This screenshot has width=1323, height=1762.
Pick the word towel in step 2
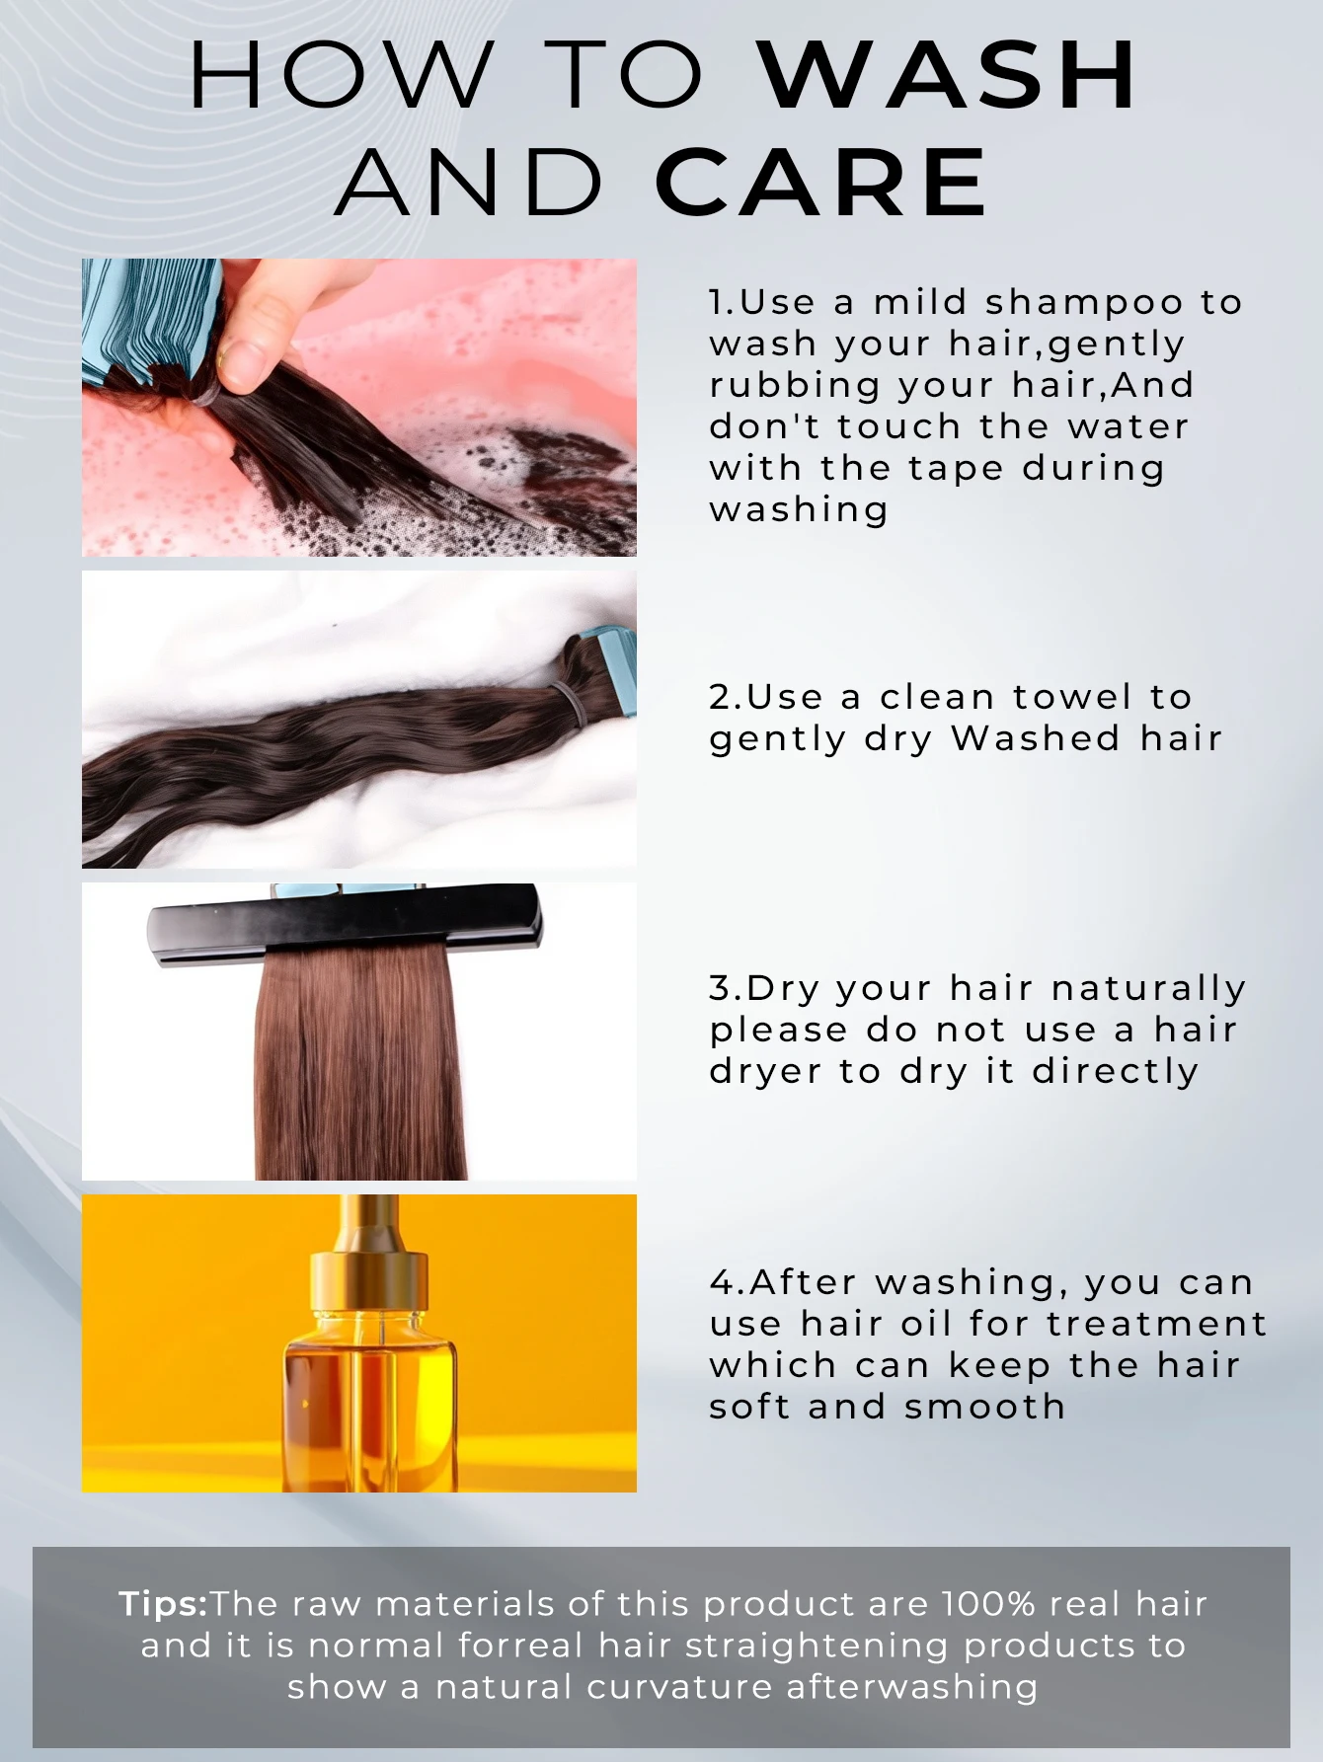point(1072,697)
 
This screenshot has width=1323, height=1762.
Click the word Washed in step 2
point(1036,738)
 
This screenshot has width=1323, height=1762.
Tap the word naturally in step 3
point(1148,990)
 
